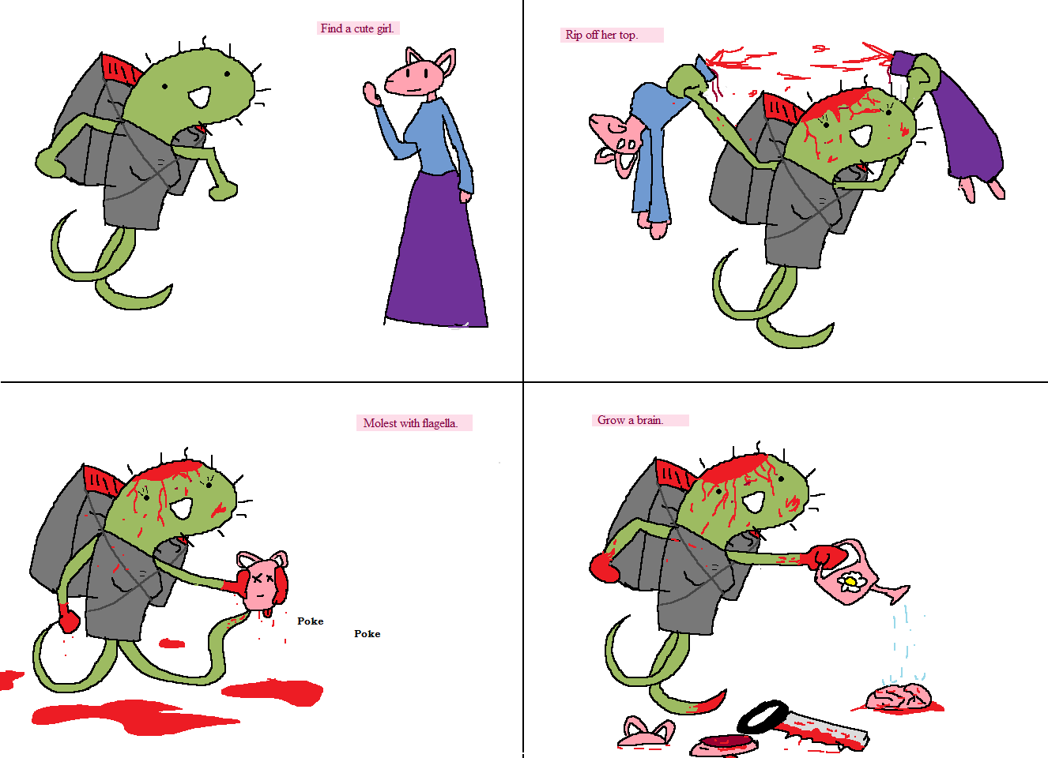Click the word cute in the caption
coord(364,29)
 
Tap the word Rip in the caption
coord(574,35)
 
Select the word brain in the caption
coord(650,420)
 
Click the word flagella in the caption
coord(439,423)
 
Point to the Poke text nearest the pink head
coord(310,621)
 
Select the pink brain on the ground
coord(897,697)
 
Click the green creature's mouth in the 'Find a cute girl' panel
coord(200,97)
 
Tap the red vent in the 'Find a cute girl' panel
coord(121,70)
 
